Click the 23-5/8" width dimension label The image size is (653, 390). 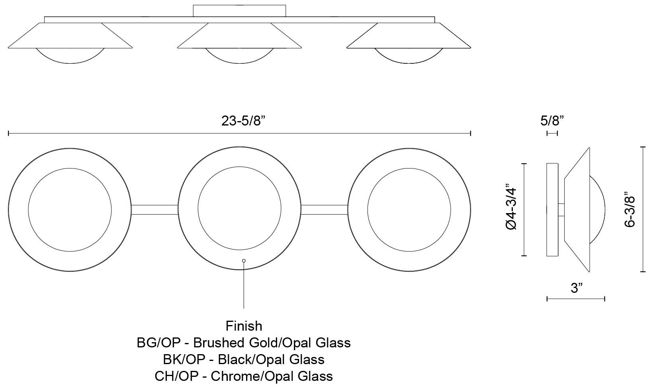point(243,121)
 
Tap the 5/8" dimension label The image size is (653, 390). point(553,121)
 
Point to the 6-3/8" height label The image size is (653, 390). point(630,210)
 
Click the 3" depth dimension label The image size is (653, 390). point(576,288)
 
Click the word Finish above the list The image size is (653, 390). point(244,326)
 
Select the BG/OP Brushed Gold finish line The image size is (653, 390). point(244,343)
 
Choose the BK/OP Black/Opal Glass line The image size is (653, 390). point(244,359)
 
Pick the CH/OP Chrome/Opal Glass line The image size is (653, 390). point(244,376)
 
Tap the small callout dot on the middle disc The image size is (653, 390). point(244,261)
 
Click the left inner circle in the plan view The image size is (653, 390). point(70,210)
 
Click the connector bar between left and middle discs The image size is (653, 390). point(154,210)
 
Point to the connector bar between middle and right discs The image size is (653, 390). point(325,210)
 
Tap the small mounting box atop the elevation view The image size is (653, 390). point(239,11)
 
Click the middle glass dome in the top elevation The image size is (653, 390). point(239,56)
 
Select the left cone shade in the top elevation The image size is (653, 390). point(70,36)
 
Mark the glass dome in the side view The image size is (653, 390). point(597,210)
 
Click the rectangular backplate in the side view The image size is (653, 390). point(552,210)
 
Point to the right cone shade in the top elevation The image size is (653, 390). point(409,36)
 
